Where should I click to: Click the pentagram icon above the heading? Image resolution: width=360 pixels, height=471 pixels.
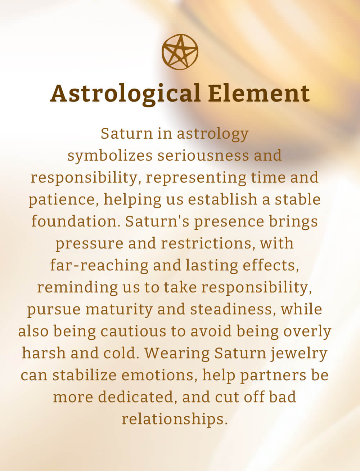pyautogui.click(x=180, y=52)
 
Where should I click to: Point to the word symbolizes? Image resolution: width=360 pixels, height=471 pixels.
pyautogui.click(x=110, y=156)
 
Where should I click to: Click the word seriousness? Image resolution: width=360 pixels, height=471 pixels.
pyautogui.click(x=203, y=156)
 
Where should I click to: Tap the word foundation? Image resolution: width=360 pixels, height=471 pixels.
pyautogui.click(x=76, y=221)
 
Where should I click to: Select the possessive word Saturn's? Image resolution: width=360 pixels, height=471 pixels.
pyautogui.click(x=157, y=221)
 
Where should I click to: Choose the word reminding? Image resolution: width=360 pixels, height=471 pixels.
pyautogui.click(x=77, y=288)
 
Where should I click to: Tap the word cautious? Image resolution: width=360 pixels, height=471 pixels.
pyautogui.click(x=133, y=332)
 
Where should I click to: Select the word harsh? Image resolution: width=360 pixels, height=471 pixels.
pyautogui.click(x=44, y=353)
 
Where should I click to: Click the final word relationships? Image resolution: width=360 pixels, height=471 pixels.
pyautogui.click(x=175, y=420)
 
